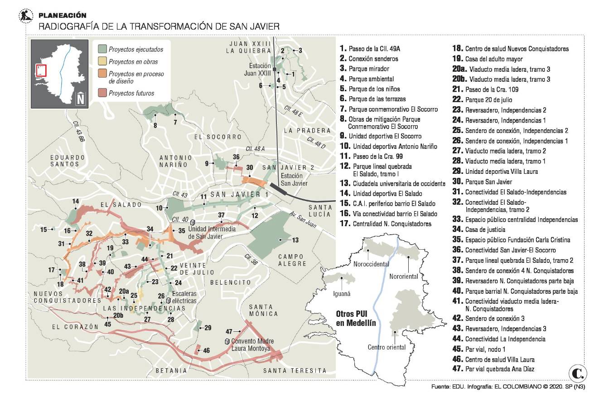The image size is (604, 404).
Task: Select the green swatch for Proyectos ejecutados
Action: click(102, 49)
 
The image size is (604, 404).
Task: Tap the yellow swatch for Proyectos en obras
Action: click(102, 61)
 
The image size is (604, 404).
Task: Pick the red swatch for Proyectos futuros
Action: click(102, 93)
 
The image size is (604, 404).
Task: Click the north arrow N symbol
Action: click(80, 98)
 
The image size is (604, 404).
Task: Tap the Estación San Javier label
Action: click(294, 180)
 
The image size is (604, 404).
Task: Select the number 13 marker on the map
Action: click(295, 239)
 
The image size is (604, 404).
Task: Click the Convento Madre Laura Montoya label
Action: click(251, 345)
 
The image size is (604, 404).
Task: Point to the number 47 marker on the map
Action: click(229, 331)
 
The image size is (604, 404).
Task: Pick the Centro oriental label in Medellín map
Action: click(387, 347)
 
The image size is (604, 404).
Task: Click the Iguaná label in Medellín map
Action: click(342, 294)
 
